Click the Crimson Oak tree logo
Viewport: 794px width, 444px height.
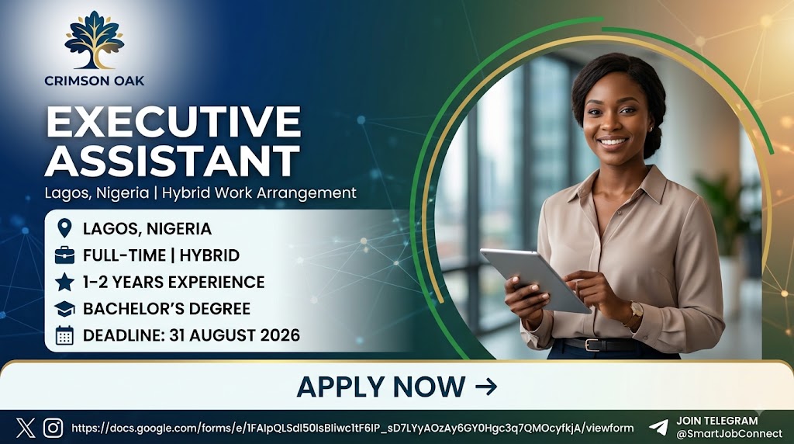(94, 40)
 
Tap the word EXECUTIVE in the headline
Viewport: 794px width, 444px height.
(174, 122)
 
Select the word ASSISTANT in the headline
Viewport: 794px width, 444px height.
(172, 161)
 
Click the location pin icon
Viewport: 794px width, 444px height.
(64, 228)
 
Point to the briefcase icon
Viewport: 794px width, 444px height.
(64, 255)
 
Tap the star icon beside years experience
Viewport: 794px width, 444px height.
(64, 282)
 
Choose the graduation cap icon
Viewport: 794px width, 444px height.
(64, 309)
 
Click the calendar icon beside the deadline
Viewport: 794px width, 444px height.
(64, 335)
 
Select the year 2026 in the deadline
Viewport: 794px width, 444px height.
(280, 335)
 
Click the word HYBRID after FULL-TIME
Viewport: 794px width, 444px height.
(209, 255)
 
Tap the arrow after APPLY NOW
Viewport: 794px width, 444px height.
(486, 387)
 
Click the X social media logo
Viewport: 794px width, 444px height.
(26, 428)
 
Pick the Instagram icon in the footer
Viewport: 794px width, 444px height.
(54, 428)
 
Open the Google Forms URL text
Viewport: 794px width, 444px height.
(353, 428)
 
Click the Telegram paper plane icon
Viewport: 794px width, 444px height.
(658, 427)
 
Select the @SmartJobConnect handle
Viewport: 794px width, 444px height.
(729, 434)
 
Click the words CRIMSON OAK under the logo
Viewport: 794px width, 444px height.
(94, 81)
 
